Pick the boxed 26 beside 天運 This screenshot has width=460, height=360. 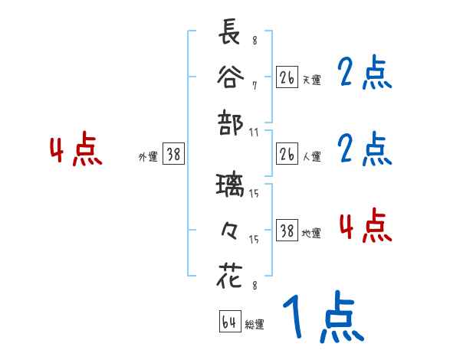pos(287,78)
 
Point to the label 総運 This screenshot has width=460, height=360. pos(255,325)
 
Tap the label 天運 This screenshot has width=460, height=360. pos(311,80)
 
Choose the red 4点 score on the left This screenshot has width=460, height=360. pos(76,150)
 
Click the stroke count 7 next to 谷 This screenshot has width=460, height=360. pos(254,85)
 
